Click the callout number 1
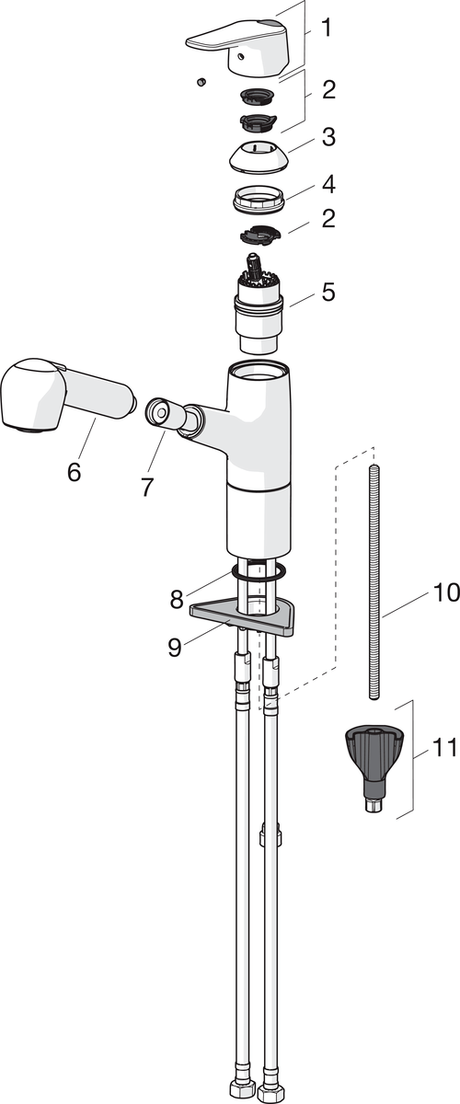pyautogui.click(x=326, y=29)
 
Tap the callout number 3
pyautogui.click(x=328, y=136)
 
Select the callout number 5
pyautogui.click(x=328, y=292)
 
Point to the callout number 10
pyautogui.click(x=446, y=592)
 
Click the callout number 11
pyautogui.click(x=445, y=748)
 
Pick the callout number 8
pyautogui.click(x=177, y=599)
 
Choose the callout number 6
pyautogui.click(x=74, y=472)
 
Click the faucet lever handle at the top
pyautogui.click(x=235, y=47)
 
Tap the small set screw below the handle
pyautogui.click(x=201, y=82)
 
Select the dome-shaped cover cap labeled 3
pyautogui.click(x=258, y=156)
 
